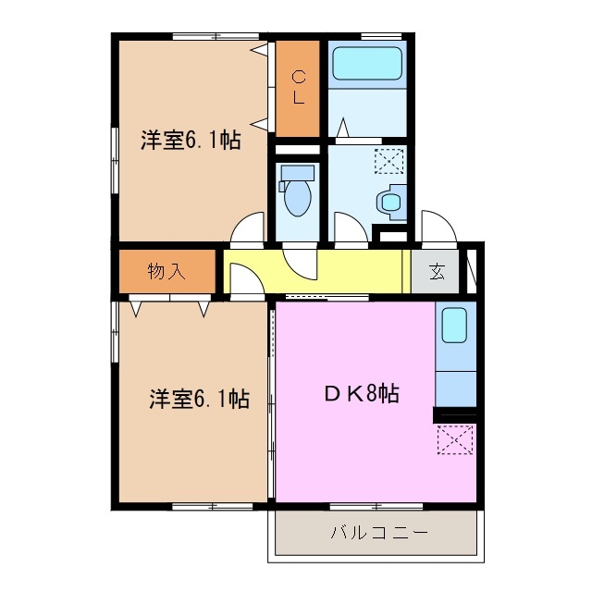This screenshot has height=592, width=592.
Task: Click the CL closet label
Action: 299,85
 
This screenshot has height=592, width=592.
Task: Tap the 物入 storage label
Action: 167,271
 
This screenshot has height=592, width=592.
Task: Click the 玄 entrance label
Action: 437,272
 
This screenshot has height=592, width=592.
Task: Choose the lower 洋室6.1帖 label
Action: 200,400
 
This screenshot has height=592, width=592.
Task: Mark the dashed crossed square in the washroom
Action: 388,163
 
